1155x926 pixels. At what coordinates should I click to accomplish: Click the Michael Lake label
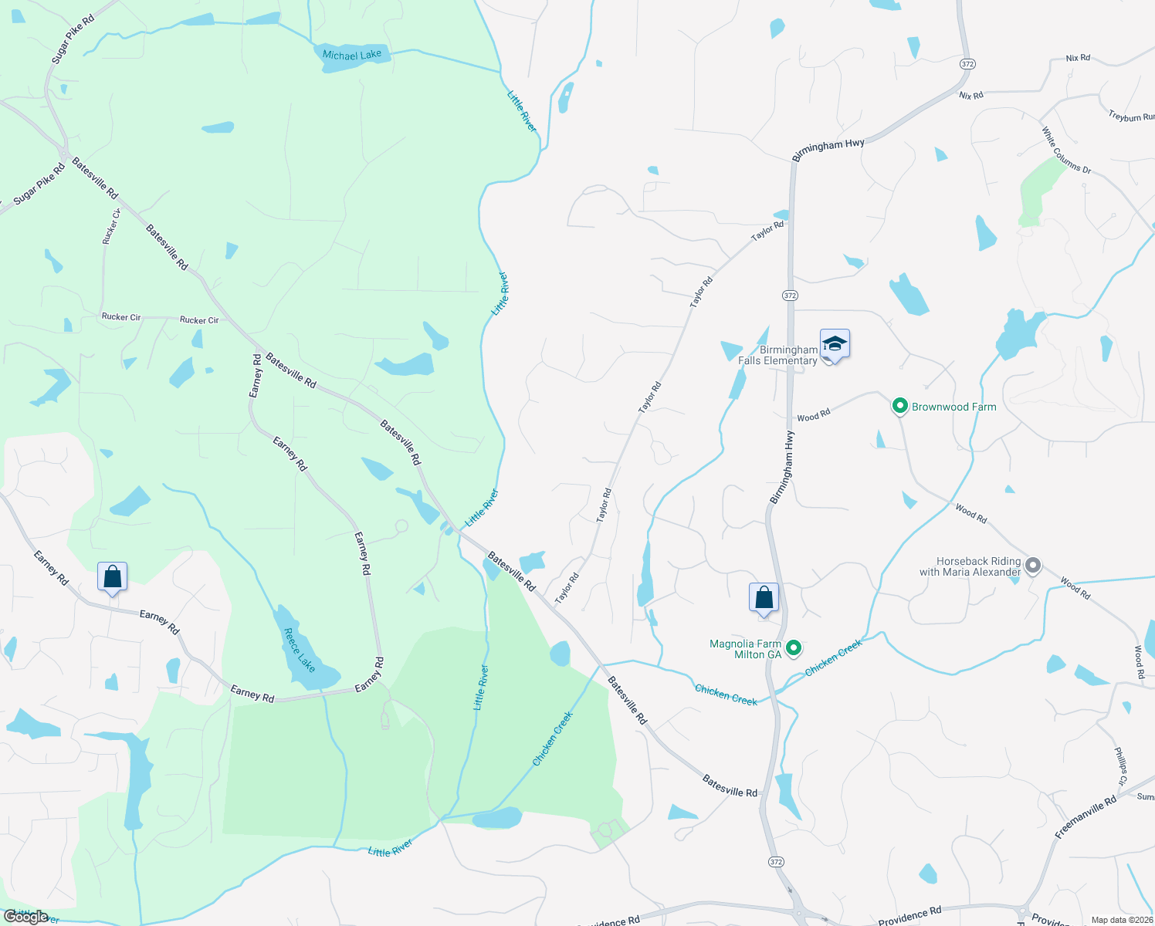pyautogui.click(x=352, y=55)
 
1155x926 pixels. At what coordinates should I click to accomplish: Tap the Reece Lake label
pyautogui.click(x=300, y=650)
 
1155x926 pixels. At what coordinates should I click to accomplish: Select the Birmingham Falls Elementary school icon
pyautogui.click(x=835, y=344)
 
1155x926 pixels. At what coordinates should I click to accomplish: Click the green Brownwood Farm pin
pyautogui.click(x=899, y=406)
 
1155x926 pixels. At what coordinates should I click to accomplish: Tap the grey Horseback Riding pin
pyautogui.click(x=1032, y=566)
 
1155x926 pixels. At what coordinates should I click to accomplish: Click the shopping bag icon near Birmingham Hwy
pyautogui.click(x=764, y=598)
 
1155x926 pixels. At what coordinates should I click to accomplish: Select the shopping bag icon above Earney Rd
pyautogui.click(x=112, y=577)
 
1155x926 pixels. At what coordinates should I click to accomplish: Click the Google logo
pyautogui.click(x=26, y=917)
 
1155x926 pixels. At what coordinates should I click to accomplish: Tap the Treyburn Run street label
pyautogui.click(x=1132, y=117)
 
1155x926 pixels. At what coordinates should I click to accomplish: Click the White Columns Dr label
pyautogui.click(x=1066, y=150)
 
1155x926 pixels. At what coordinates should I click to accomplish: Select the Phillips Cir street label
pyautogui.click(x=1121, y=766)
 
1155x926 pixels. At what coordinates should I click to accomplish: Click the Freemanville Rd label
pyautogui.click(x=1086, y=817)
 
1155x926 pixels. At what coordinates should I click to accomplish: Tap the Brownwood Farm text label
pyautogui.click(x=954, y=407)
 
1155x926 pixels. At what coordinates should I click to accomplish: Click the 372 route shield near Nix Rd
pyautogui.click(x=967, y=63)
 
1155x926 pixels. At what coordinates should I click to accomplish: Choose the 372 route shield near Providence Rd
pyautogui.click(x=777, y=861)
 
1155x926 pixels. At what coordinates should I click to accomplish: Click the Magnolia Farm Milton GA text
pyautogui.click(x=746, y=649)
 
